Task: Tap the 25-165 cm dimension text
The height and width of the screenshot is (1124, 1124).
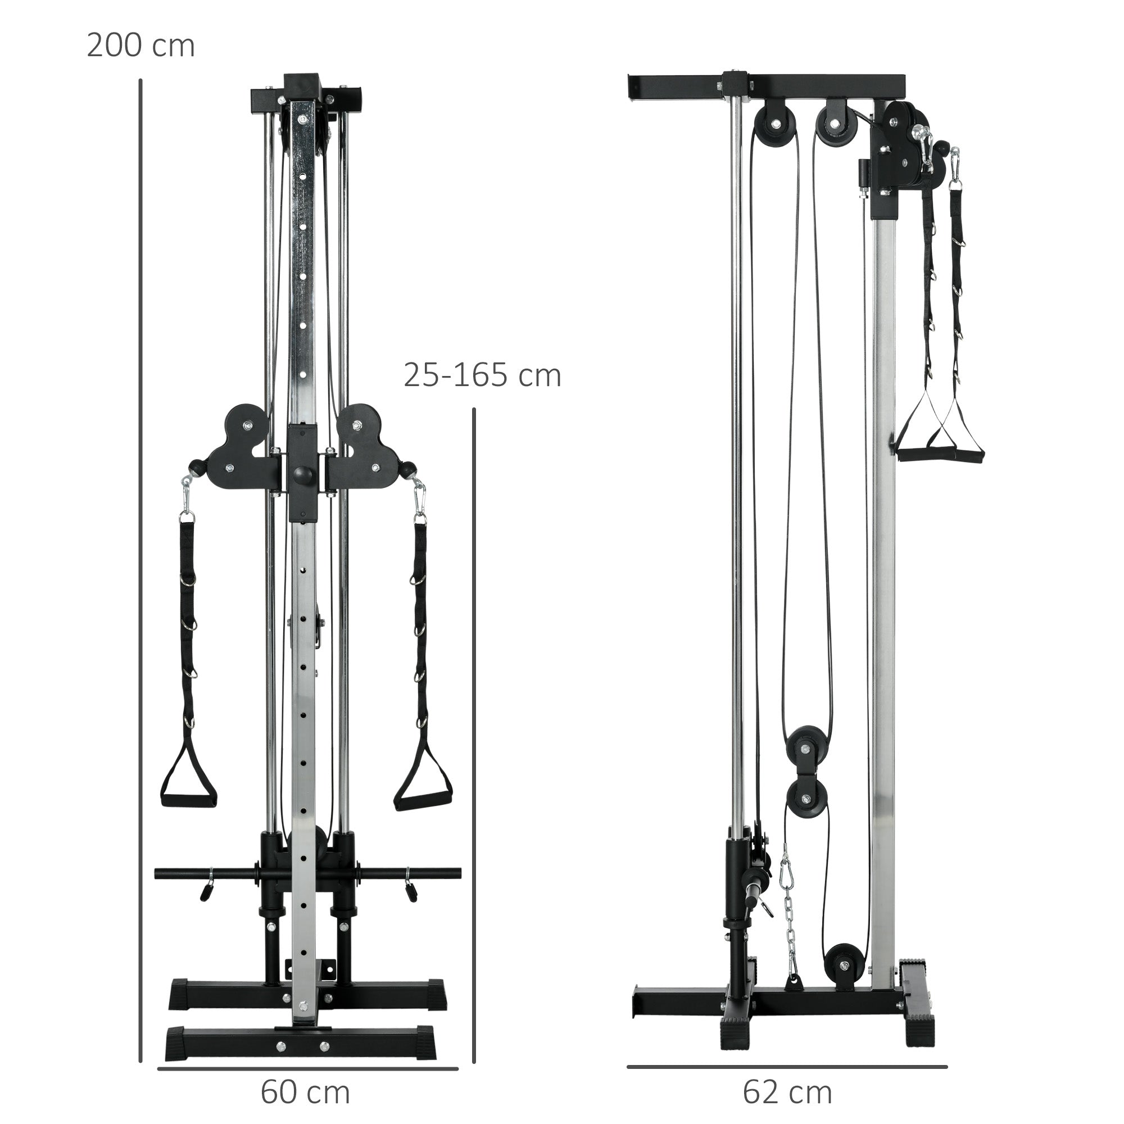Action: (482, 375)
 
